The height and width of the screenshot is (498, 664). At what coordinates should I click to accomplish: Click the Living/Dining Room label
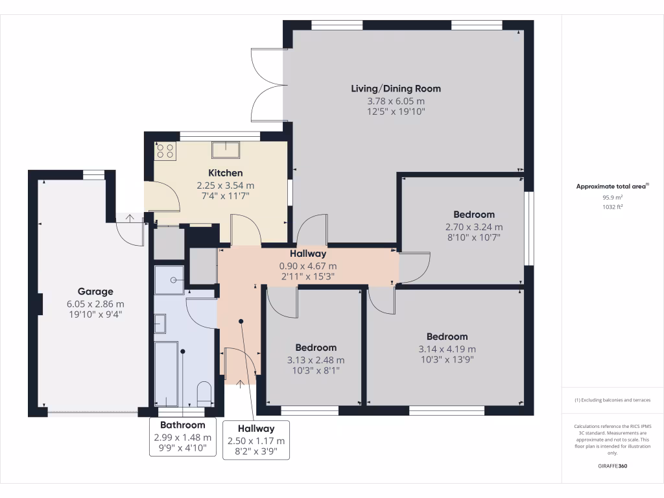click(x=396, y=89)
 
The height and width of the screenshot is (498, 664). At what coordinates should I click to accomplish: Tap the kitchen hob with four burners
click(x=165, y=151)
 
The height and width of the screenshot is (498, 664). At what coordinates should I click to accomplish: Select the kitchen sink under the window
click(x=225, y=150)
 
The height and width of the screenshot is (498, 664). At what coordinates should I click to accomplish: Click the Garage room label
click(x=95, y=292)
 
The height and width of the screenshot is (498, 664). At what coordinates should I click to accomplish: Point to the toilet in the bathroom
click(x=204, y=393)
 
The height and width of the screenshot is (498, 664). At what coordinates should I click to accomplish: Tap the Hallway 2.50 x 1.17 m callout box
click(x=255, y=440)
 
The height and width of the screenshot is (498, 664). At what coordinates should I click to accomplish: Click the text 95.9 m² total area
click(x=612, y=198)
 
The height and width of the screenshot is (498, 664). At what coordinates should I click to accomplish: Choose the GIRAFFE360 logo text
click(x=612, y=466)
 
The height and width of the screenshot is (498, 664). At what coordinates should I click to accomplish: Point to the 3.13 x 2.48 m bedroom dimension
click(x=316, y=361)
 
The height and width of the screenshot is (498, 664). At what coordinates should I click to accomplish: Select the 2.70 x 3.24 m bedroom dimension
click(x=474, y=227)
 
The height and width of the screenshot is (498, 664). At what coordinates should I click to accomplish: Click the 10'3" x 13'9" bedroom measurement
click(x=447, y=359)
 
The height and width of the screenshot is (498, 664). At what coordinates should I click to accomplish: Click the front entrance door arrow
click(x=241, y=384)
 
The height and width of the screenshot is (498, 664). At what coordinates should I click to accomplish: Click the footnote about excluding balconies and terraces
click(x=612, y=400)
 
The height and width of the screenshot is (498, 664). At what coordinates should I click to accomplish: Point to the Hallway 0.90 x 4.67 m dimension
click(x=308, y=266)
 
